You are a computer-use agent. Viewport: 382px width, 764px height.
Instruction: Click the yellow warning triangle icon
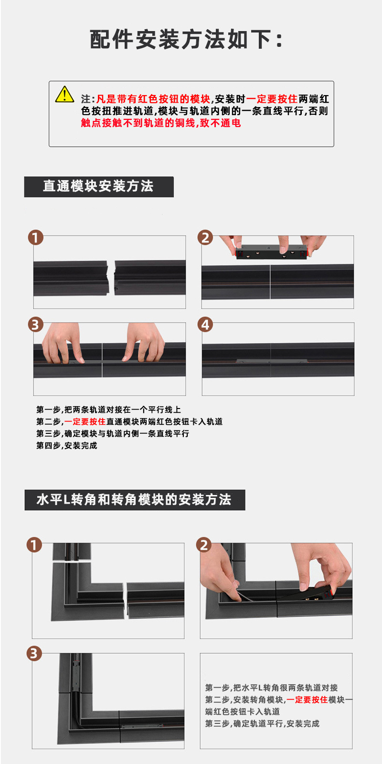(64, 95)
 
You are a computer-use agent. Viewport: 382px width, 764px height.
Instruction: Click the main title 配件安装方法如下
(186, 40)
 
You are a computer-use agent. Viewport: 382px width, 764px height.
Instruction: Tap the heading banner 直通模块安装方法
(98, 186)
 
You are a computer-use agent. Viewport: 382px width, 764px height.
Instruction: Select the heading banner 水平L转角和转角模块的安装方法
(134, 500)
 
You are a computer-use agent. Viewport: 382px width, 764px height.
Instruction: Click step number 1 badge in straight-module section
(36, 237)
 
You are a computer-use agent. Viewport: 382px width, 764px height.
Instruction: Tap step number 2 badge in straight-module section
(205, 237)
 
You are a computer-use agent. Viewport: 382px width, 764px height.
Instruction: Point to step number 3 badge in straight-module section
(35, 325)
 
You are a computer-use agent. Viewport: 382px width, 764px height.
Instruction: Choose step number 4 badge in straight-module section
(205, 325)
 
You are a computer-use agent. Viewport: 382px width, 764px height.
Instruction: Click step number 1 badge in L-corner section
(34, 545)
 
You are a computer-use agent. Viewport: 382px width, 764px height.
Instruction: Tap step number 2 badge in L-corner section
(204, 545)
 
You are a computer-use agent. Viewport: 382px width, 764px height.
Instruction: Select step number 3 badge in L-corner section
(34, 654)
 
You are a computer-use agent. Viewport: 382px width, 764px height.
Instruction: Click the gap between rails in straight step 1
(112, 278)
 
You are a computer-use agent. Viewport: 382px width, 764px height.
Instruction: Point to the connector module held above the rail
(271, 252)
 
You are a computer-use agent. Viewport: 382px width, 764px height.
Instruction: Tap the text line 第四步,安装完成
(67, 446)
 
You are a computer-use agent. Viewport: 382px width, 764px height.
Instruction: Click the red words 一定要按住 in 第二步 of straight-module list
(85, 422)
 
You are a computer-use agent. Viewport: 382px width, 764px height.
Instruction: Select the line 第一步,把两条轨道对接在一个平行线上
(108, 410)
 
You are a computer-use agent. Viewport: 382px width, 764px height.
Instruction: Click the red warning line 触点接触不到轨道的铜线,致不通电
(161, 123)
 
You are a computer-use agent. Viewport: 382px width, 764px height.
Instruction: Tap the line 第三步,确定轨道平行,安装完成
(262, 724)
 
